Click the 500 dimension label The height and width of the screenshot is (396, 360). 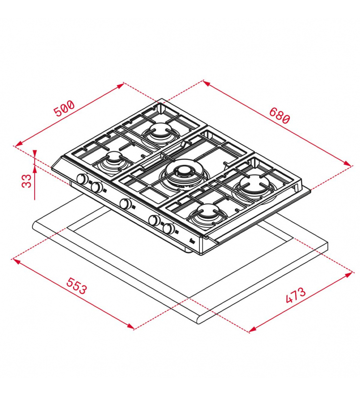pos(65,108)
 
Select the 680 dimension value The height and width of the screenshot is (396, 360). pos(280,115)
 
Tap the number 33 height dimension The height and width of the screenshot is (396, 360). pos(27,181)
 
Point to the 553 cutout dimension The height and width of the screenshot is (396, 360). pos(77,286)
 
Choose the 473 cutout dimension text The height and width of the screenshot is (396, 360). pos(295,295)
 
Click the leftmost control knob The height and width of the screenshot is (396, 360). pos(82,179)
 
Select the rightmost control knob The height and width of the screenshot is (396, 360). pos(168,229)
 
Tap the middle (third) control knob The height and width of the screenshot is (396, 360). pos(126,203)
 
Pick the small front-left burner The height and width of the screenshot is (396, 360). pos(113,160)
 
